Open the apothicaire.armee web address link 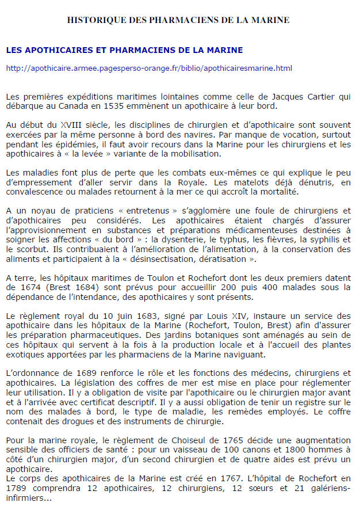coord(149,68)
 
